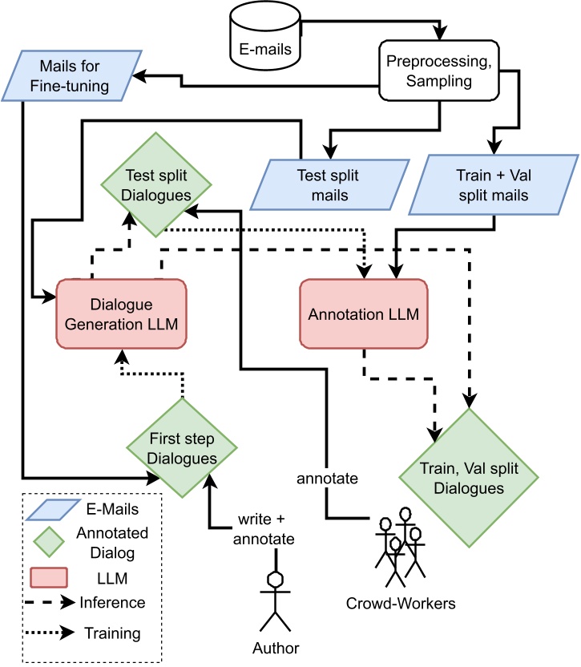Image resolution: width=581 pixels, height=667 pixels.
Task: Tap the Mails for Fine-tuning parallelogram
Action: [71, 75]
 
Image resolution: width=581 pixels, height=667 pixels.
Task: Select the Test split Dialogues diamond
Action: [156, 183]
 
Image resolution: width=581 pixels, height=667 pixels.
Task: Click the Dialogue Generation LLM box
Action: [120, 313]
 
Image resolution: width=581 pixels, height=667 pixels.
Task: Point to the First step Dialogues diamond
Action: [184, 448]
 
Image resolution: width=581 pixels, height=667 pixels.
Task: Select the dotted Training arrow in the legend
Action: [49, 633]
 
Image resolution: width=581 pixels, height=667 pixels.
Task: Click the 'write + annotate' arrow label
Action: [264, 529]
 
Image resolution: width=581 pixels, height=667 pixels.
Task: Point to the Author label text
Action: [275, 648]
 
